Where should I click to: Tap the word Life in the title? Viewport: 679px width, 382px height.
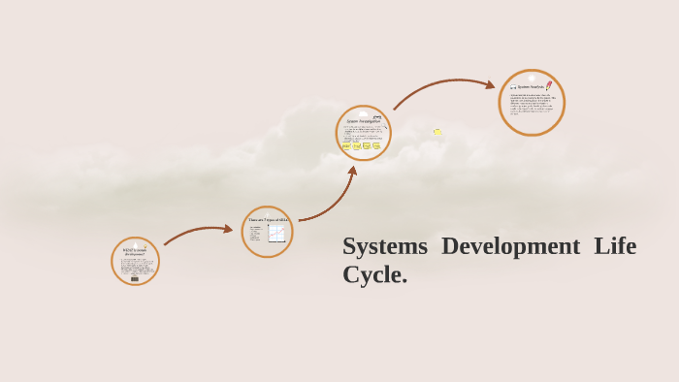[615, 246]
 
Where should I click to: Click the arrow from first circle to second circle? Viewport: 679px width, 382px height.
[198, 233]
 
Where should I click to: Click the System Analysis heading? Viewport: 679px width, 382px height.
[531, 87]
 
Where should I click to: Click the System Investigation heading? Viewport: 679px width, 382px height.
[363, 121]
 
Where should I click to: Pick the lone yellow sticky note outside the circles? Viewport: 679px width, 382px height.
[437, 132]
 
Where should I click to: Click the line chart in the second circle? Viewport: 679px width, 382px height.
[277, 234]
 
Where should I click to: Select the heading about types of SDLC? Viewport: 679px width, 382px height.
[267, 220]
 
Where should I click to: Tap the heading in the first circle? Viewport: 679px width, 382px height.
[134, 251]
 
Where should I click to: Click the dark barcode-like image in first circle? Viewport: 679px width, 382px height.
[135, 278]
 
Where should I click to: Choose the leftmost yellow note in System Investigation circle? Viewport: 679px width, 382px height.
[346, 146]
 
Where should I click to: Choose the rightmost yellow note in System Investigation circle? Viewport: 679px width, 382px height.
[376, 146]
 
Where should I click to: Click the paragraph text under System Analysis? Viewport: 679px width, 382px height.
[532, 103]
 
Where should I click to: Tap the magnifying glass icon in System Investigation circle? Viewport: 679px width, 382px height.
[385, 127]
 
